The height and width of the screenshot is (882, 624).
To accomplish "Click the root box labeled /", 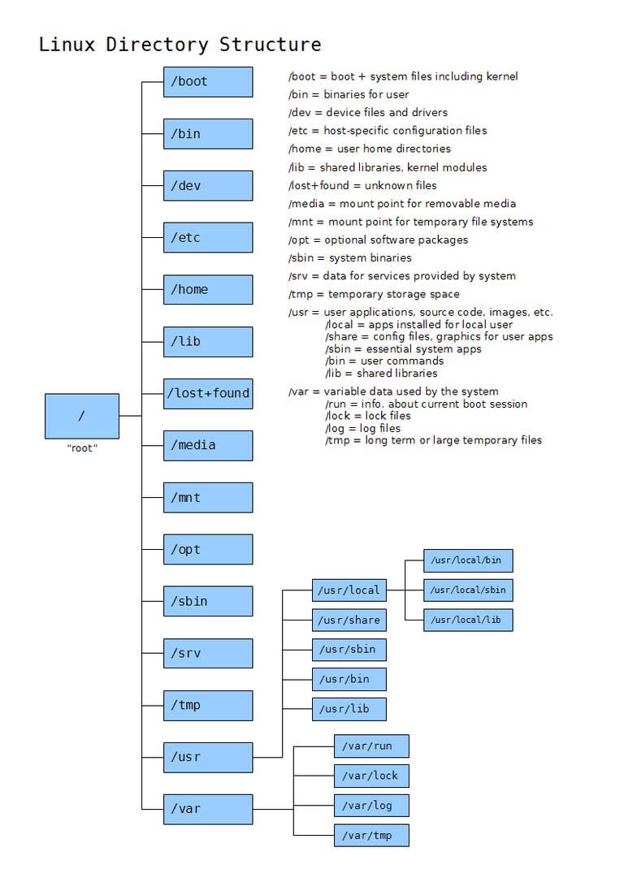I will point(81,416).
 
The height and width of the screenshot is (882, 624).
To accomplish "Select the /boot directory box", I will point(208,81).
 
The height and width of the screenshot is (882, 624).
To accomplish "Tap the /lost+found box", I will point(208,393).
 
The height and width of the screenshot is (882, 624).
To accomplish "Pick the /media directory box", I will point(208,445).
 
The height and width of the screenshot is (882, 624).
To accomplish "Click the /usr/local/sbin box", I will point(468,590).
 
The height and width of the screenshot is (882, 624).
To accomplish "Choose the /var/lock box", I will point(370,776).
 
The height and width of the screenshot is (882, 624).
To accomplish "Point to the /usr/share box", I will point(349,620).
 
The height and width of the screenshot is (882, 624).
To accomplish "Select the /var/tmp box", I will point(370,835).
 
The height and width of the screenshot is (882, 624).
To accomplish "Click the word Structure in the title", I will point(270,44).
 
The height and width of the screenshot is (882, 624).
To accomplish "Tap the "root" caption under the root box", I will point(81,448).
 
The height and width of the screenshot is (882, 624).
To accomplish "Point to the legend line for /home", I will point(369,149).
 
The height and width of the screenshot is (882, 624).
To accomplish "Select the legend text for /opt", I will point(378,240).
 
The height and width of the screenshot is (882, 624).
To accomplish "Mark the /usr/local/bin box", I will point(468,560).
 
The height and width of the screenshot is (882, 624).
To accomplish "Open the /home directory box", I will point(208,289).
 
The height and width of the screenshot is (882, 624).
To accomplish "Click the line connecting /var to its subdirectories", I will point(273,809).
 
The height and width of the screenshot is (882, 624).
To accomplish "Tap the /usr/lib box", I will point(349,709).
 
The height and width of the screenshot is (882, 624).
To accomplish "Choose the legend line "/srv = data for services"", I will point(401,276).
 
